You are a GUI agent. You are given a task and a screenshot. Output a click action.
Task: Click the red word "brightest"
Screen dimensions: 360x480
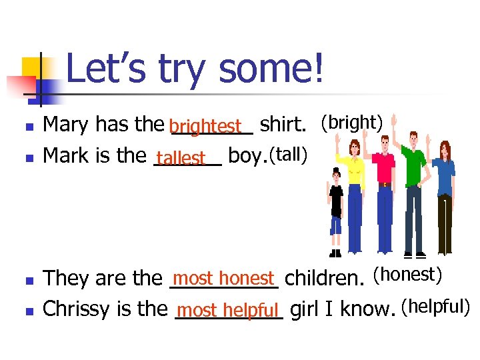pyautogui.click(x=205, y=126)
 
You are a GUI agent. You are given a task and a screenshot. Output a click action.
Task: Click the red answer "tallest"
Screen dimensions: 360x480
pyautogui.click(x=181, y=158)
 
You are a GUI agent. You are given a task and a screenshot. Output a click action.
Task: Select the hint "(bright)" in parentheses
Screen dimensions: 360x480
pyautogui.click(x=351, y=123)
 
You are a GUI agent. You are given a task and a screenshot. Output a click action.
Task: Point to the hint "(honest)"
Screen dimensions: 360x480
pyautogui.click(x=407, y=273)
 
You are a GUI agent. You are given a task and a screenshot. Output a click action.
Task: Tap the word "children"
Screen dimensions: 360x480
pyautogui.click(x=326, y=277)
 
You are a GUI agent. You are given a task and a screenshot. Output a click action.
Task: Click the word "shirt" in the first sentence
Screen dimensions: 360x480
pyautogui.click(x=281, y=125)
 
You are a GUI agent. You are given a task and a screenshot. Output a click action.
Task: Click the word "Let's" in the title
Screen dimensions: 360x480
pyautogui.click(x=107, y=69)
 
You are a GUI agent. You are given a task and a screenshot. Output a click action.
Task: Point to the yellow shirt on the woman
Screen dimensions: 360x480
pyautogui.click(x=351, y=171)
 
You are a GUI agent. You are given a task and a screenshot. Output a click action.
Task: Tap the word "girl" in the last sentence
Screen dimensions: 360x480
pyautogui.click(x=305, y=309)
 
